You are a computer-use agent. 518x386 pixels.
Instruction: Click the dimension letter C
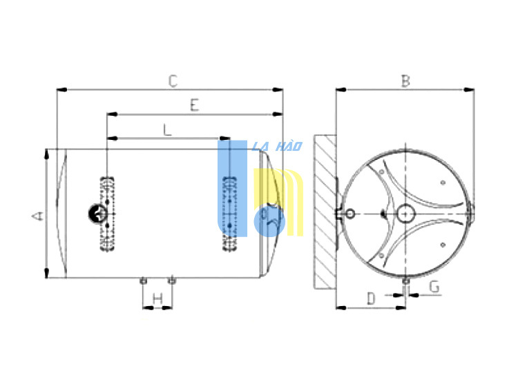pos(173,81)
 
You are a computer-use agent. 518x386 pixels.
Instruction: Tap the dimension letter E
pos(195,105)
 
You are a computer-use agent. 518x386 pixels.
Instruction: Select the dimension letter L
pos(168,130)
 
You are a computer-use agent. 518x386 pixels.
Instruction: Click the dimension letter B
pos(405,81)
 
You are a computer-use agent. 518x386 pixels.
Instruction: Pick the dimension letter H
pos(158,299)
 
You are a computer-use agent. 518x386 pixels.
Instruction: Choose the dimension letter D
pos(372,298)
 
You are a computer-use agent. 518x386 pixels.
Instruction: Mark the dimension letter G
pos(434,287)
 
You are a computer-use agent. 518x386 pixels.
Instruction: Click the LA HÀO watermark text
pos(277,146)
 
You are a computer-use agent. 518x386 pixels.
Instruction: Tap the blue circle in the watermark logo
pos(269,221)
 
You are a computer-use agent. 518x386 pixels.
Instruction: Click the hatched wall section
pos(325,212)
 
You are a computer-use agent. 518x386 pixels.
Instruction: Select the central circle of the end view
pos(405,214)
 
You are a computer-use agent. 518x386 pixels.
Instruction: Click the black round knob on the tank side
pos(97,214)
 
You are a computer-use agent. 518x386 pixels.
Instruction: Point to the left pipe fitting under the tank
pos(143,281)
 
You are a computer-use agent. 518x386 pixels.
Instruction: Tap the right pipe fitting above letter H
pos(171,281)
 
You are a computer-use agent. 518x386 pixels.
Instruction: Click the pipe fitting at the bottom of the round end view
pos(405,281)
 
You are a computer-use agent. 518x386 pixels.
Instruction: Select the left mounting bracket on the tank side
pos(107,214)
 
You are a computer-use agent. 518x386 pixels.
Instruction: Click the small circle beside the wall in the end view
pos(350,214)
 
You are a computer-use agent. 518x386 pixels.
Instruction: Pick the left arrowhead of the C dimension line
pos(61,90)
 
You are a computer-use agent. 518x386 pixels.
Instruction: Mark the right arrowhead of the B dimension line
pos(469,90)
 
